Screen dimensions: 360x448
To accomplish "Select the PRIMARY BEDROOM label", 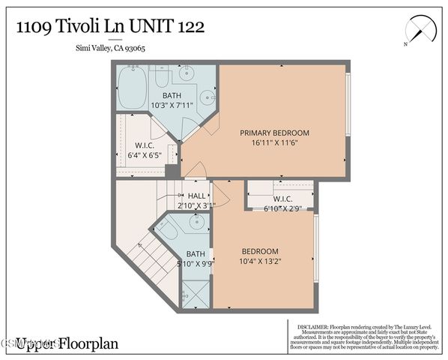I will [274, 133].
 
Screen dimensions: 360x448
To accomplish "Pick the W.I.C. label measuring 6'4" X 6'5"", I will [145, 145].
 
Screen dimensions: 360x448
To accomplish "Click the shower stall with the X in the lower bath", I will [196, 293].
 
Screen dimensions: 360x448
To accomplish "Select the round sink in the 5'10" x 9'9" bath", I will [196, 223].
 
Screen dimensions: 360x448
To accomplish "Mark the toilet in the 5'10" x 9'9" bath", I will [169, 230].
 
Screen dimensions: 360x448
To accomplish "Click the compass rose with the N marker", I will [419, 32].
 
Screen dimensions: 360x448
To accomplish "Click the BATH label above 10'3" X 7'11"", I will [172, 95].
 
